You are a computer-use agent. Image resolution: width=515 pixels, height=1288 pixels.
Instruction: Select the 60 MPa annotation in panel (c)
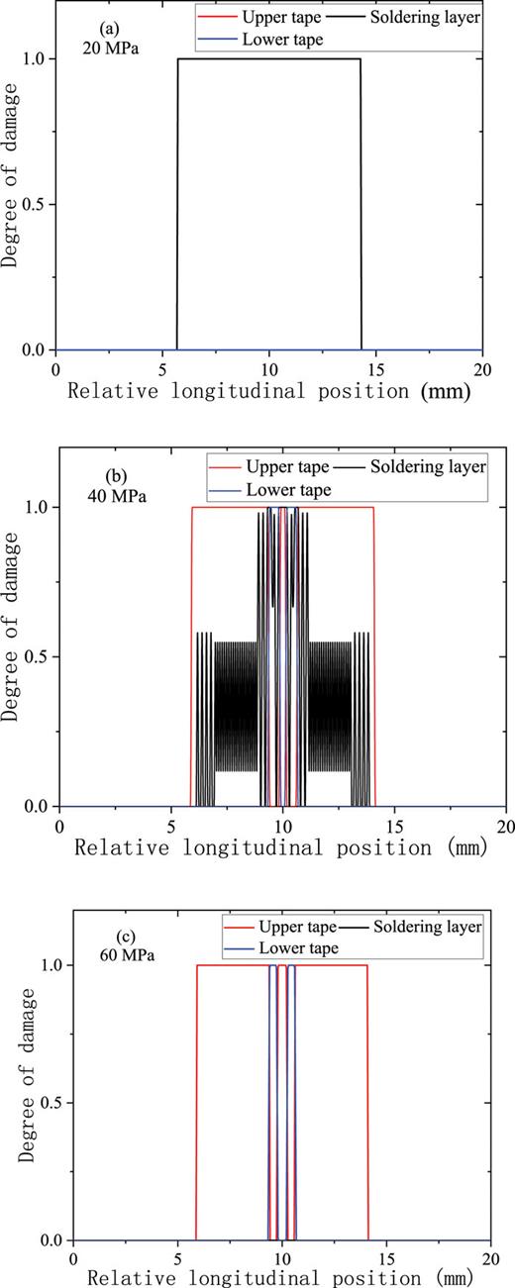[x=122, y=956]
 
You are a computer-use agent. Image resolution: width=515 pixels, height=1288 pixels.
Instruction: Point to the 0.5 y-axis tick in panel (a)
[x=35, y=204]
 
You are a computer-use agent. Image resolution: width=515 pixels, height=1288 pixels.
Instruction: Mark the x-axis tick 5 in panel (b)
[x=171, y=824]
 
